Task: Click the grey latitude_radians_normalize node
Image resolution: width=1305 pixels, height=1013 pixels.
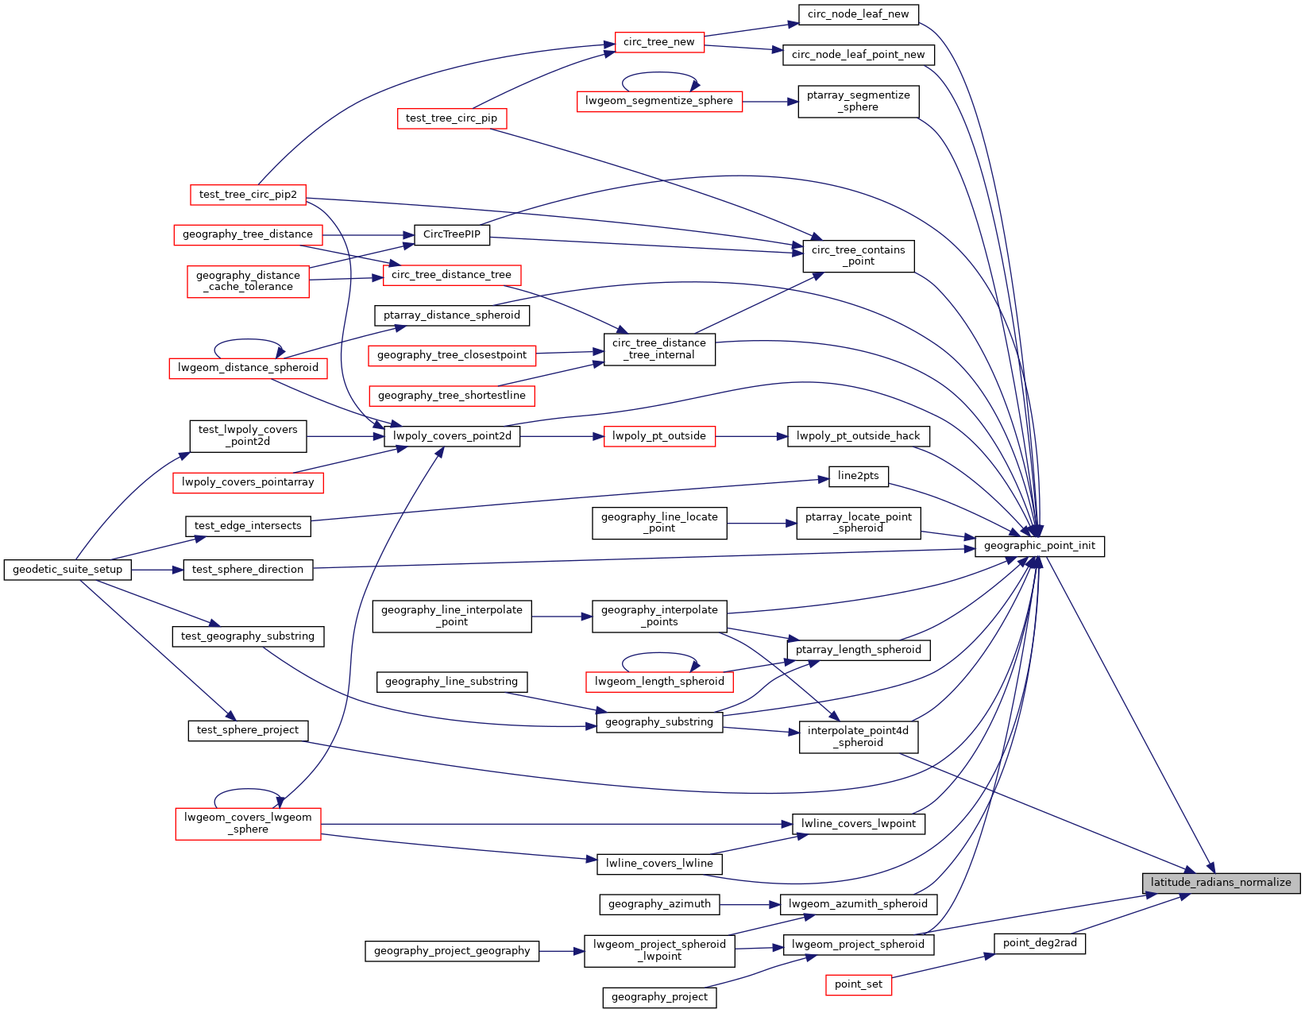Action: (x=1221, y=883)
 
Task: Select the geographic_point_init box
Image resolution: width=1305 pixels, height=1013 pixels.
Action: (x=1039, y=546)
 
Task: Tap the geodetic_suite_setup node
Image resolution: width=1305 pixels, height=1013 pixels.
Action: (x=68, y=570)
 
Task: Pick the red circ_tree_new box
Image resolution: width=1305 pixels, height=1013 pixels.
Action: (x=658, y=42)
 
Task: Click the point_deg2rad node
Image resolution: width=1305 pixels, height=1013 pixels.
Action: (x=1039, y=943)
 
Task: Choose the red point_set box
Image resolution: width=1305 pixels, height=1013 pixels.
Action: (x=858, y=984)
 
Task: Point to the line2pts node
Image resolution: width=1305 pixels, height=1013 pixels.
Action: (x=858, y=476)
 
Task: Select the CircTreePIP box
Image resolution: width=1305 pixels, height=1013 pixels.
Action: (x=452, y=234)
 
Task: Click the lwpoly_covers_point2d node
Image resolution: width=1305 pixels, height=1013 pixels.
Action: (x=452, y=436)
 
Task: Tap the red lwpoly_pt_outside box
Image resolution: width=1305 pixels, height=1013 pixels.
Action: (x=658, y=436)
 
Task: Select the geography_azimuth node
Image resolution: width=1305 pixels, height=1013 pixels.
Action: (x=659, y=904)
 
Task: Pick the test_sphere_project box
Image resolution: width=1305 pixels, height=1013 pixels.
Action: (x=248, y=730)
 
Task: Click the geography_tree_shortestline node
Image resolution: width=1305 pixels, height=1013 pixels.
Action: (x=452, y=396)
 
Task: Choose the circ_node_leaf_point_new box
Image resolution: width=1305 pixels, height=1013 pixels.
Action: (x=858, y=55)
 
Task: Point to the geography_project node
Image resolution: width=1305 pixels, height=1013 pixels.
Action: (x=659, y=997)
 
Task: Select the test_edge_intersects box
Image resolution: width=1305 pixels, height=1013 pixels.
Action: (x=248, y=526)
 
